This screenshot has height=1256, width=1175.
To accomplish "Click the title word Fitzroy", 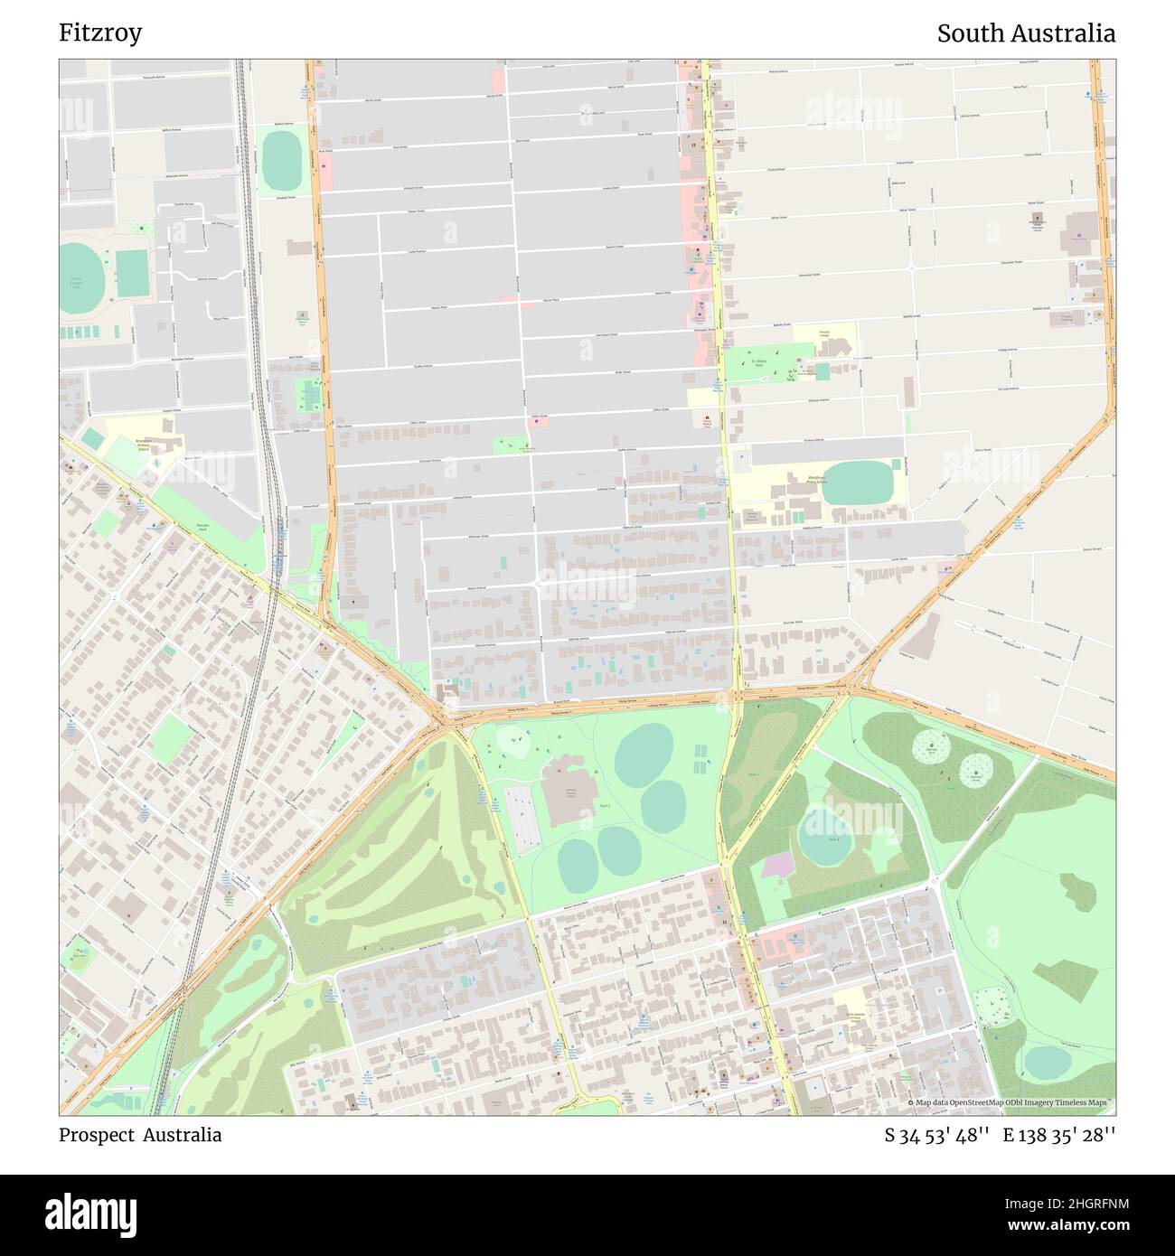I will pyautogui.click(x=100, y=33).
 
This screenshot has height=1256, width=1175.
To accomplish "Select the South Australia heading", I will pyautogui.click(x=1025, y=33).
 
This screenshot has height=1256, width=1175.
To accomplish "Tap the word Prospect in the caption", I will pyautogui.click(x=95, y=1135).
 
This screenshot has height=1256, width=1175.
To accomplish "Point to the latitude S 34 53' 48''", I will pyautogui.click(x=937, y=1136).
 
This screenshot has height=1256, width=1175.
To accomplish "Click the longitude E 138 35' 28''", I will pyautogui.click(x=1058, y=1136).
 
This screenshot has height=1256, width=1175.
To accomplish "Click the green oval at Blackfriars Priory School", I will pyautogui.click(x=859, y=483).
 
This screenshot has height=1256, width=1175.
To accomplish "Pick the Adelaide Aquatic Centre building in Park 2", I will pyautogui.click(x=568, y=795).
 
